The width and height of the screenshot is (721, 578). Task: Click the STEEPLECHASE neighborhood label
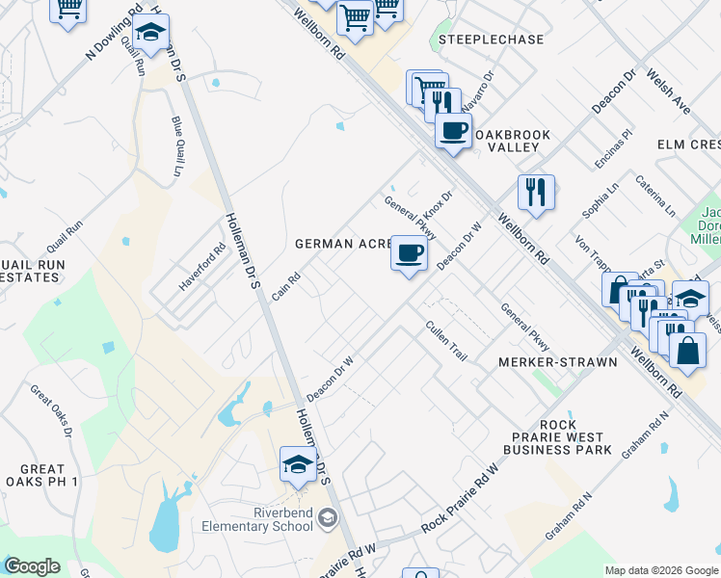(491, 39)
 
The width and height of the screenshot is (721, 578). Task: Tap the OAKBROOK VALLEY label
(512, 140)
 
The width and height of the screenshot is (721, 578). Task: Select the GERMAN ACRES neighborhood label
(341, 244)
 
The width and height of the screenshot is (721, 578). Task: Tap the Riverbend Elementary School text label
(259, 519)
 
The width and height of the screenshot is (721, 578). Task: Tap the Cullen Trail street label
(446, 340)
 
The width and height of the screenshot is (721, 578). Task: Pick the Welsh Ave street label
(670, 92)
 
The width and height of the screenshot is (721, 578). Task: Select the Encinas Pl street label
(613, 149)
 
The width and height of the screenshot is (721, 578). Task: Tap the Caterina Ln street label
(655, 196)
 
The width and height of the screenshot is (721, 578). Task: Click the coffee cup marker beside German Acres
(410, 254)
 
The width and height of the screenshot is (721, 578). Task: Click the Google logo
(32, 566)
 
